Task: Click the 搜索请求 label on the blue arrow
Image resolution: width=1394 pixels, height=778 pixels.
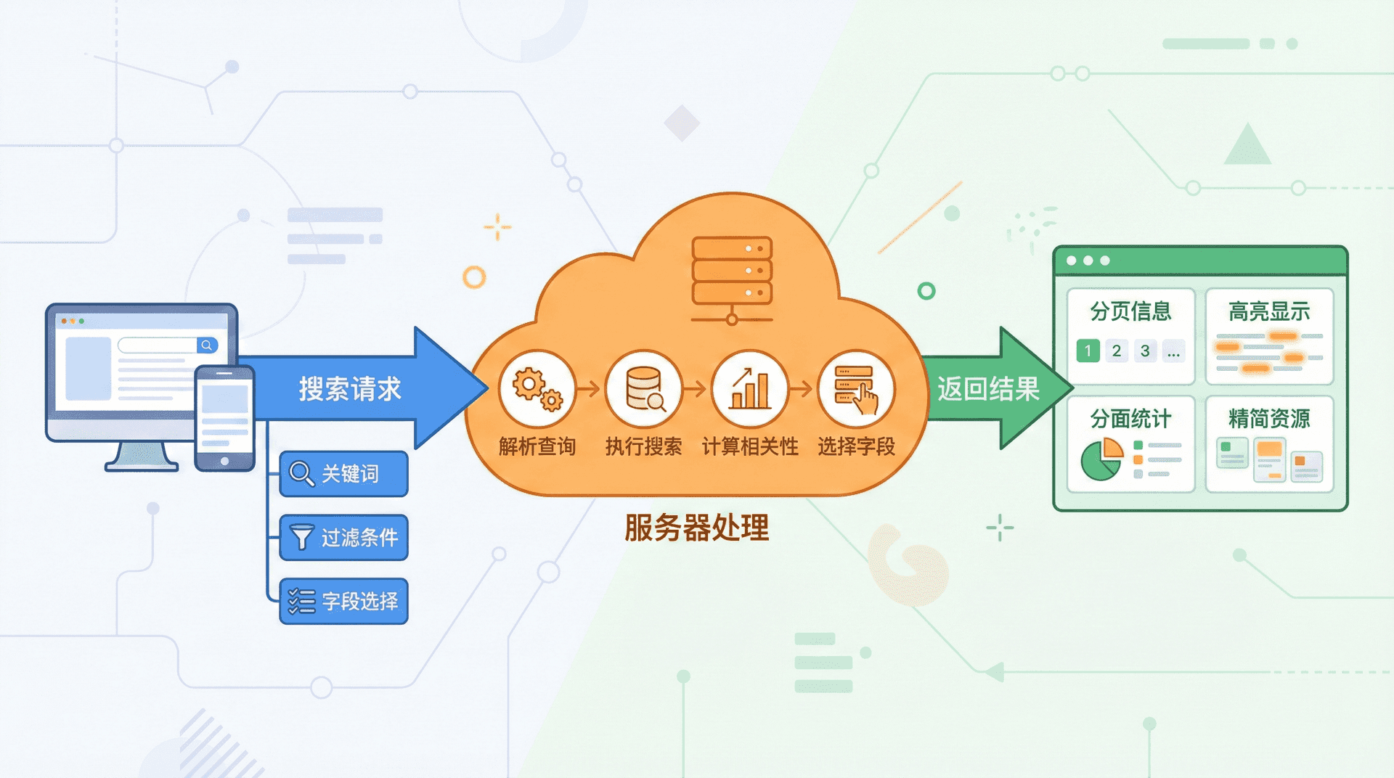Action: pyautogui.click(x=349, y=389)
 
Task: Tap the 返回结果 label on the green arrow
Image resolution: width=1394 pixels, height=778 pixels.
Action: pyautogui.click(x=987, y=389)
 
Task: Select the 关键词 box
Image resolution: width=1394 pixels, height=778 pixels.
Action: pyautogui.click(x=343, y=474)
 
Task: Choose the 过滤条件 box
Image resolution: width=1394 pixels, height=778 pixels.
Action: pyautogui.click(x=343, y=538)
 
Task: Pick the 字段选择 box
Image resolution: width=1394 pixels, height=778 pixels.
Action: pyautogui.click(x=343, y=601)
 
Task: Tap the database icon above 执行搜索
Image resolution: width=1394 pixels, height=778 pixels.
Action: pyautogui.click(x=644, y=389)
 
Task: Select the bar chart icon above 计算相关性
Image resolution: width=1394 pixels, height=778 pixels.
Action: pyautogui.click(x=750, y=389)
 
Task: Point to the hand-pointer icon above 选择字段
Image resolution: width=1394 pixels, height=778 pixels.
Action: pyautogui.click(x=857, y=389)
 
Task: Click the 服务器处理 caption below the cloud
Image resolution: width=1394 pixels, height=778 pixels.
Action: pyautogui.click(x=696, y=528)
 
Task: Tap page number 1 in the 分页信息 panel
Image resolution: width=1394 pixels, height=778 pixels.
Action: pyautogui.click(x=1088, y=351)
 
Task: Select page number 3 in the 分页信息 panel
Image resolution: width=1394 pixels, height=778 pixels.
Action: pyautogui.click(x=1145, y=351)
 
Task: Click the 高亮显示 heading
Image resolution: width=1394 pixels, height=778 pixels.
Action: pyautogui.click(x=1269, y=311)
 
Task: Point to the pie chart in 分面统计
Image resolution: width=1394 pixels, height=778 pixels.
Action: pyautogui.click(x=1101, y=459)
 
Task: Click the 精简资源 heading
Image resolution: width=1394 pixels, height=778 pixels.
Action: pyautogui.click(x=1269, y=419)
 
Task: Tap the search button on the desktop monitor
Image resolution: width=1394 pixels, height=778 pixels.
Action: pyautogui.click(x=207, y=345)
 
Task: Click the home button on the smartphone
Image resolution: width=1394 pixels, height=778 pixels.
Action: pyautogui.click(x=224, y=461)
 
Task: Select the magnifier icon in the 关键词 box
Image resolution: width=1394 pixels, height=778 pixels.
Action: pyautogui.click(x=301, y=473)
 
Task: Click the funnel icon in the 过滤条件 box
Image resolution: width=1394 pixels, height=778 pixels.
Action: pyautogui.click(x=301, y=537)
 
